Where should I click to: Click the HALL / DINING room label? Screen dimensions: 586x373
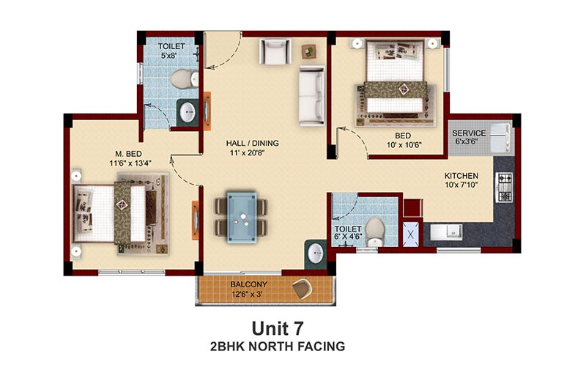[x=252, y=143]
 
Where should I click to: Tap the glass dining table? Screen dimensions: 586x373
[x=242, y=218]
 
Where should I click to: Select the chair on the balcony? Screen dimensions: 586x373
[x=303, y=289]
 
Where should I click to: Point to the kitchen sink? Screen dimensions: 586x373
[x=446, y=232]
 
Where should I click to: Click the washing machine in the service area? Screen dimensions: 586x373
[x=500, y=137]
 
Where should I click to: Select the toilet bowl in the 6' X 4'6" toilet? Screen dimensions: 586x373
[x=375, y=232]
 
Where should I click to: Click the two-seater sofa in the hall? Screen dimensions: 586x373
[x=312, y=96]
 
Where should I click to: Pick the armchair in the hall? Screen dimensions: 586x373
[x=275, y=51]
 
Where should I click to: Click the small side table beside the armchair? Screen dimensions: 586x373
[x=308, y=52]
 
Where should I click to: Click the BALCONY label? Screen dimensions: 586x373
[x=248, y=284]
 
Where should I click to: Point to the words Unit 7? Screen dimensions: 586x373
[x=278, y=328]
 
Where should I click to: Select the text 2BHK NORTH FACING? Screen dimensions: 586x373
[x=278, y=347]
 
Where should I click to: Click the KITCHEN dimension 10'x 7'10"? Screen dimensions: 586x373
[x=461, y=185]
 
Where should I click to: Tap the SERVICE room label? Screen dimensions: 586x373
[x=469, y=133]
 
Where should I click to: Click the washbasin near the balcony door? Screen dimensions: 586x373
[x=316, y=254]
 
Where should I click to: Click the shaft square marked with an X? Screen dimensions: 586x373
[x=411, y=234]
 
